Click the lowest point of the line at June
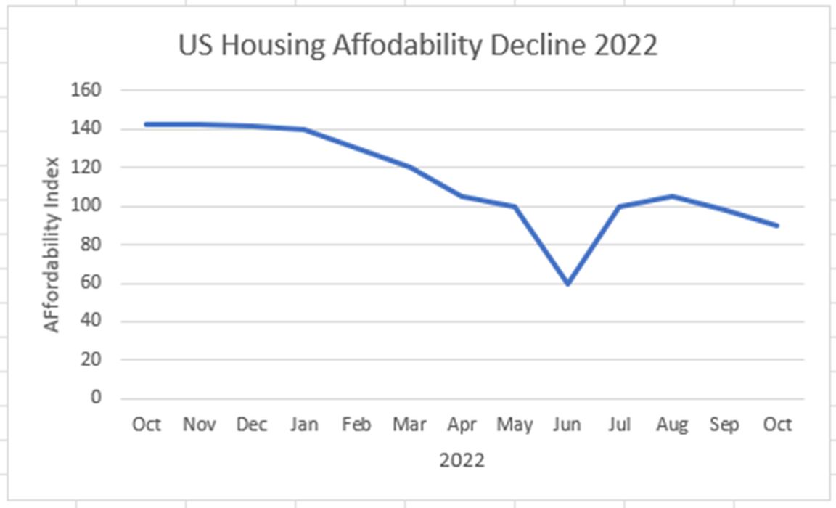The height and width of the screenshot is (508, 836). (x=567, y=283)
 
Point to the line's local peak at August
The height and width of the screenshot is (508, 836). (x=673, y=196)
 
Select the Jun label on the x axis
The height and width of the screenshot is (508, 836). (x=567, y=424)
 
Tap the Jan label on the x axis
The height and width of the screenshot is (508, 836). (x=304, y=424)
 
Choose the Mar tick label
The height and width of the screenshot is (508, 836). (x=409, y=424)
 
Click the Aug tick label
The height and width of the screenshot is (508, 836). (x=673, y=425)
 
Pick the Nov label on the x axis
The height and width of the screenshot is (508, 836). (x=199, y=424)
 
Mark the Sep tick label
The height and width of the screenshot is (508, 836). (x=724, y=425)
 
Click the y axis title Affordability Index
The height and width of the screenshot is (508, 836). (x=52, y=244)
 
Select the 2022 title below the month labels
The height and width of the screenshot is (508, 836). (x=462, y=460)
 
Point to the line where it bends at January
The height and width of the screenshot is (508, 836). (x=304, y=129)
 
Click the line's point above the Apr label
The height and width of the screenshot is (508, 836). (x=462, y=196)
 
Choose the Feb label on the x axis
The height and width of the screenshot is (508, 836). (x=356, y=424)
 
